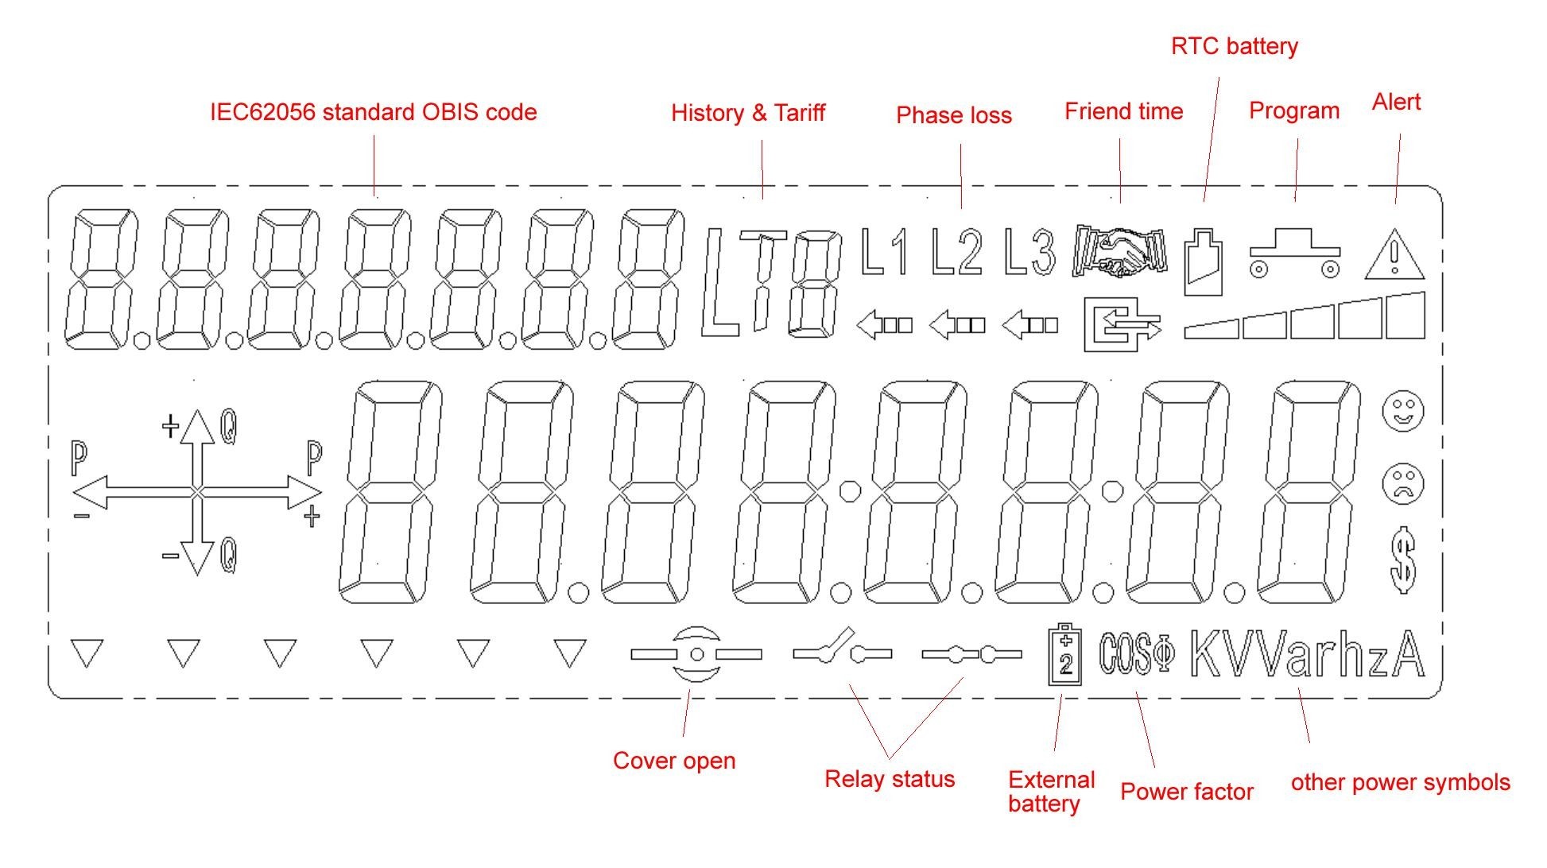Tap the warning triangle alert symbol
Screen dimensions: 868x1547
click(x=1394, y=256)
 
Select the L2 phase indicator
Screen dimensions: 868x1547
click(x=956, y=252)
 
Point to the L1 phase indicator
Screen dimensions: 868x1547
click(x=884, y=252)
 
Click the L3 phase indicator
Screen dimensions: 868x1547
click(x=1029, y=252)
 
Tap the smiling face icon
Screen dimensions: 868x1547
click(x=1403, y=411)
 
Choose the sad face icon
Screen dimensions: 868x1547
click(x=1403, y=482)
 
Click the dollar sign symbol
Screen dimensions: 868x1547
click(x=1404, y=560)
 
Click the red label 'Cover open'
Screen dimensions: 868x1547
click(x=674, y=761)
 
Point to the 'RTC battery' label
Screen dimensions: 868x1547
click(x=1234, y=46)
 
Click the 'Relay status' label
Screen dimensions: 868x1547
click(x=890, y=779)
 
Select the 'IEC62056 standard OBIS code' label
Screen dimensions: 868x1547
click(x=373, y=112)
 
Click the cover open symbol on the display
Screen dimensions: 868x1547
click(x=696, y=654)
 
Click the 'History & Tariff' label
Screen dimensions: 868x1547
click(x=748, y=113)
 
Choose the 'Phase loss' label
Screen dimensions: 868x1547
click(x=953, y=115)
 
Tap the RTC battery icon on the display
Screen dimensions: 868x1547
click(x=1204, y=262)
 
